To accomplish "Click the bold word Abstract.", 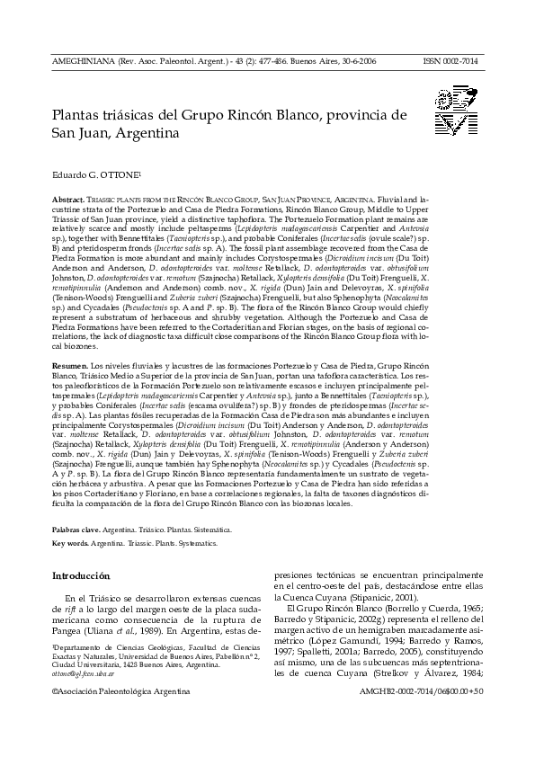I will tap(68, 195).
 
